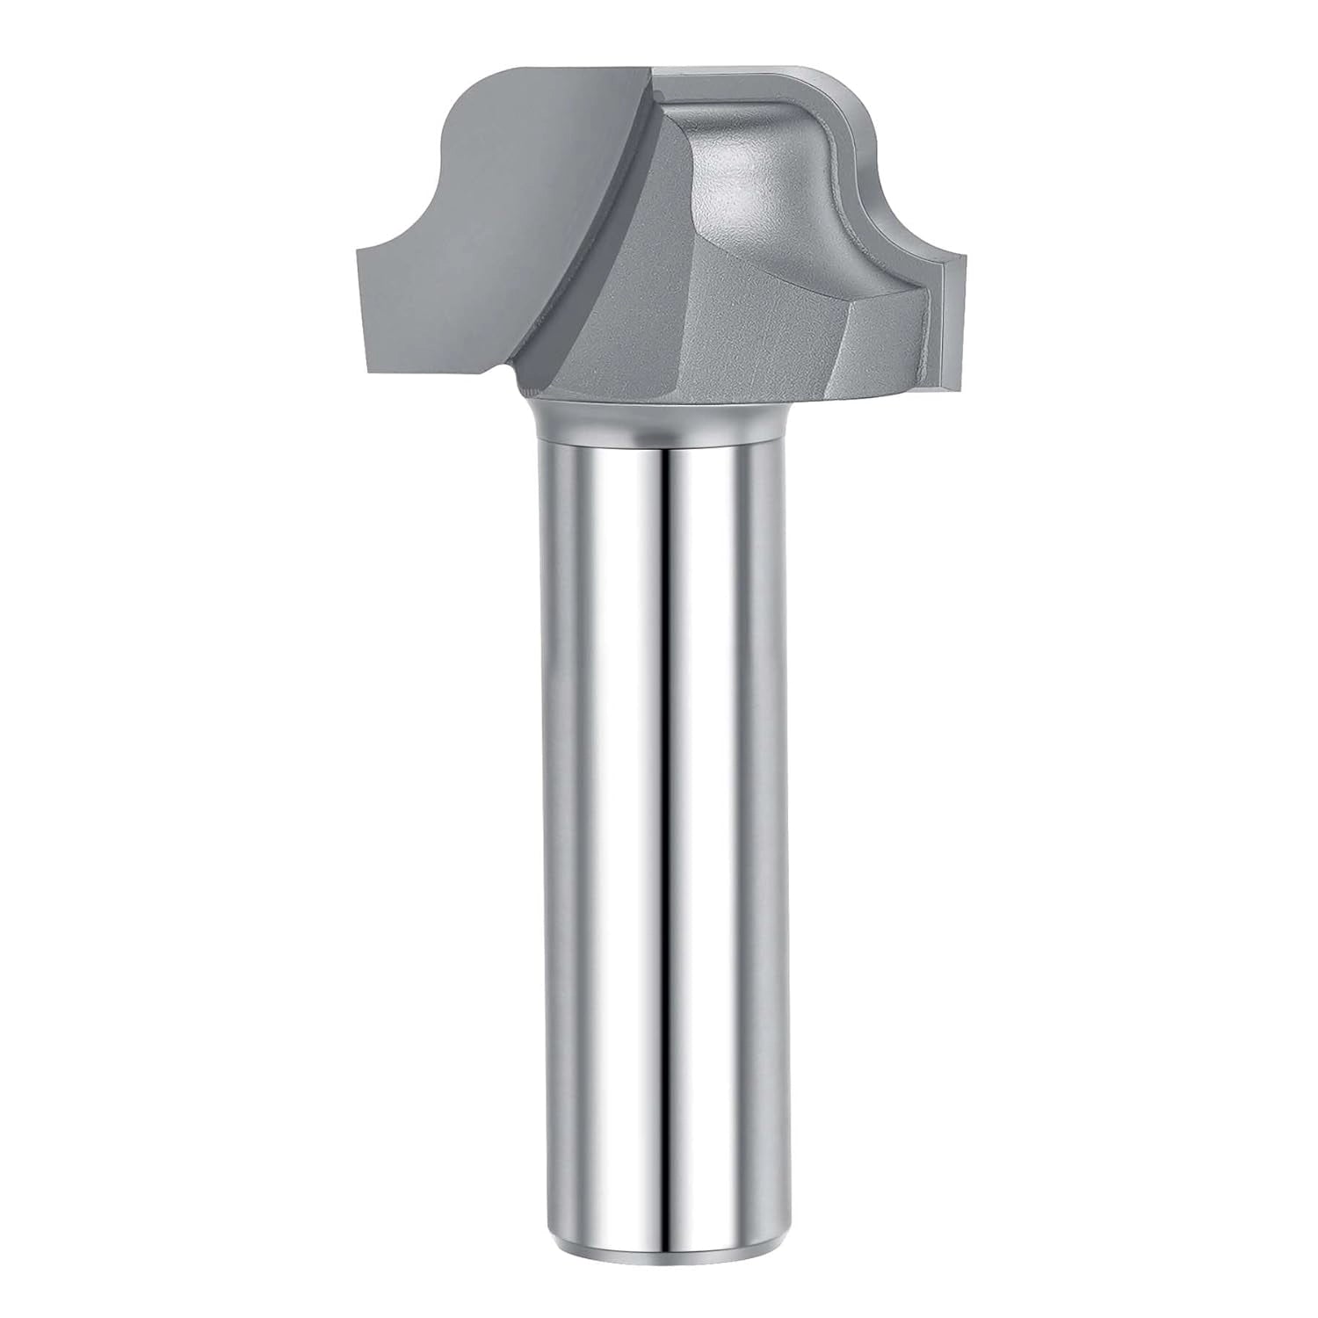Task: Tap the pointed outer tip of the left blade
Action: [358, 253]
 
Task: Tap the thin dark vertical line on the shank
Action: [663, 791]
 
